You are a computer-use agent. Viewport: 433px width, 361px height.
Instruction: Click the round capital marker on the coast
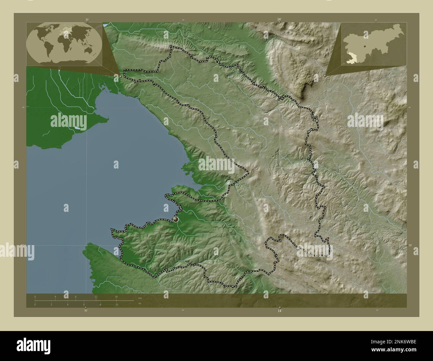pos(176,219)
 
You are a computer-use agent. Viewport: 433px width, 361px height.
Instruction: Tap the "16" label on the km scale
pos(116,296)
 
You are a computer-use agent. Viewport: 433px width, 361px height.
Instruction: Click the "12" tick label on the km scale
pos(96,296)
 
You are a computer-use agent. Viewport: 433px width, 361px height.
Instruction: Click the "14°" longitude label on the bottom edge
pos(279,310)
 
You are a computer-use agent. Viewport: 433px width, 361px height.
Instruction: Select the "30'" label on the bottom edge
pos(86,310)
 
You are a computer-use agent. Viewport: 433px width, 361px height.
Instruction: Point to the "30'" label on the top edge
pos(87,20)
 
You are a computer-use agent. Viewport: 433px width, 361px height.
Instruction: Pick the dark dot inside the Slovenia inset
pos(366,46)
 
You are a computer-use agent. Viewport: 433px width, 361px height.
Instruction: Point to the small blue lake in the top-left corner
pos(105,25)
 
